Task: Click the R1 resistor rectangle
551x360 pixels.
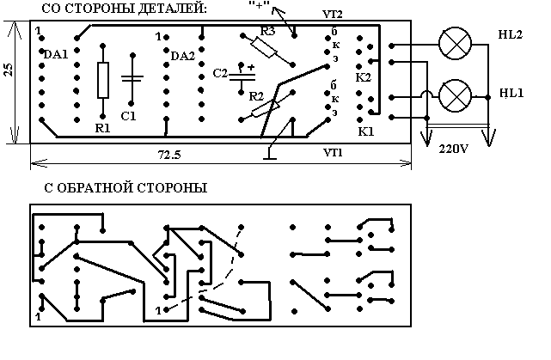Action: coord(103,80)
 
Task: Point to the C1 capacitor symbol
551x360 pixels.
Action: coord(131,79)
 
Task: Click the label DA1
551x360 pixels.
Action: coord(56,54)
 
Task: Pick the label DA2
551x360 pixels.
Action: coord(183,56)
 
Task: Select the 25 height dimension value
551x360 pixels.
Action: coord(8,70)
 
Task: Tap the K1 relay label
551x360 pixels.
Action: coord(365,132)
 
